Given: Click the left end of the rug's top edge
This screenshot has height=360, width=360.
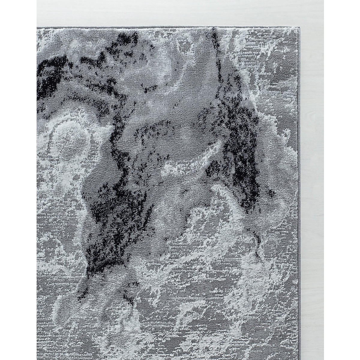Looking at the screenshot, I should [37, 27].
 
